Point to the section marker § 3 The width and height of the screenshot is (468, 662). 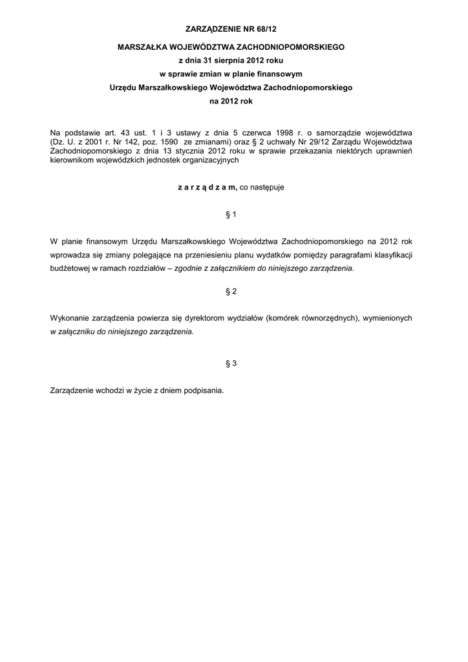coord(231,363)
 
